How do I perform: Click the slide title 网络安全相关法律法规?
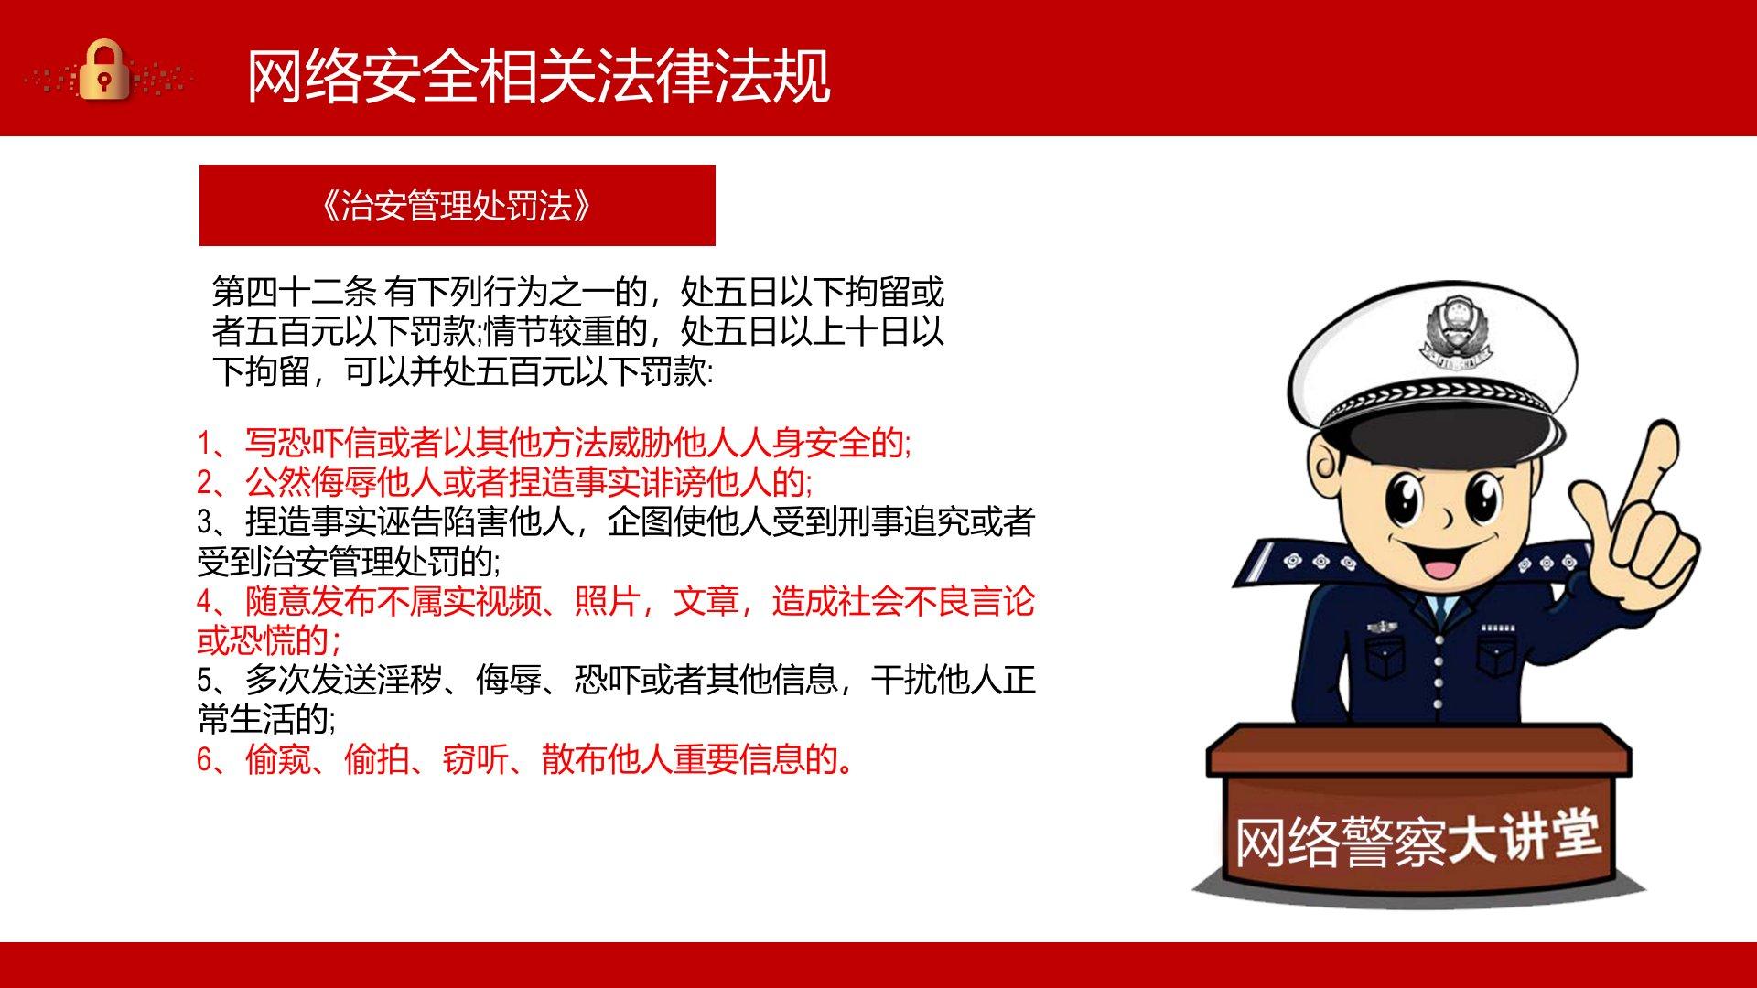coord(539,75)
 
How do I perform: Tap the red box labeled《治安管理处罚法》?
coord(457,205)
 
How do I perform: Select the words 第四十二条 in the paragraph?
coord(294,293)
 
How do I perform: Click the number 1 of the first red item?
coord(205,444)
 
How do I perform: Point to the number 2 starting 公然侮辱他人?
coord(205,483)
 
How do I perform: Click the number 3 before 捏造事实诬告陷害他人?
coord(205,522)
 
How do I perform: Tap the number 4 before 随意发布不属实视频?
coord(205,602)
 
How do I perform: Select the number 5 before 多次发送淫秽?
coord(205,681)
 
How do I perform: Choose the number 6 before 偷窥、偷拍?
coord(205,759)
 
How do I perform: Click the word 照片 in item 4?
coord(607,602)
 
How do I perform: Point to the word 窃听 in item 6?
coord(475,759)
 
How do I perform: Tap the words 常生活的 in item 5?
coord(265,720)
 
